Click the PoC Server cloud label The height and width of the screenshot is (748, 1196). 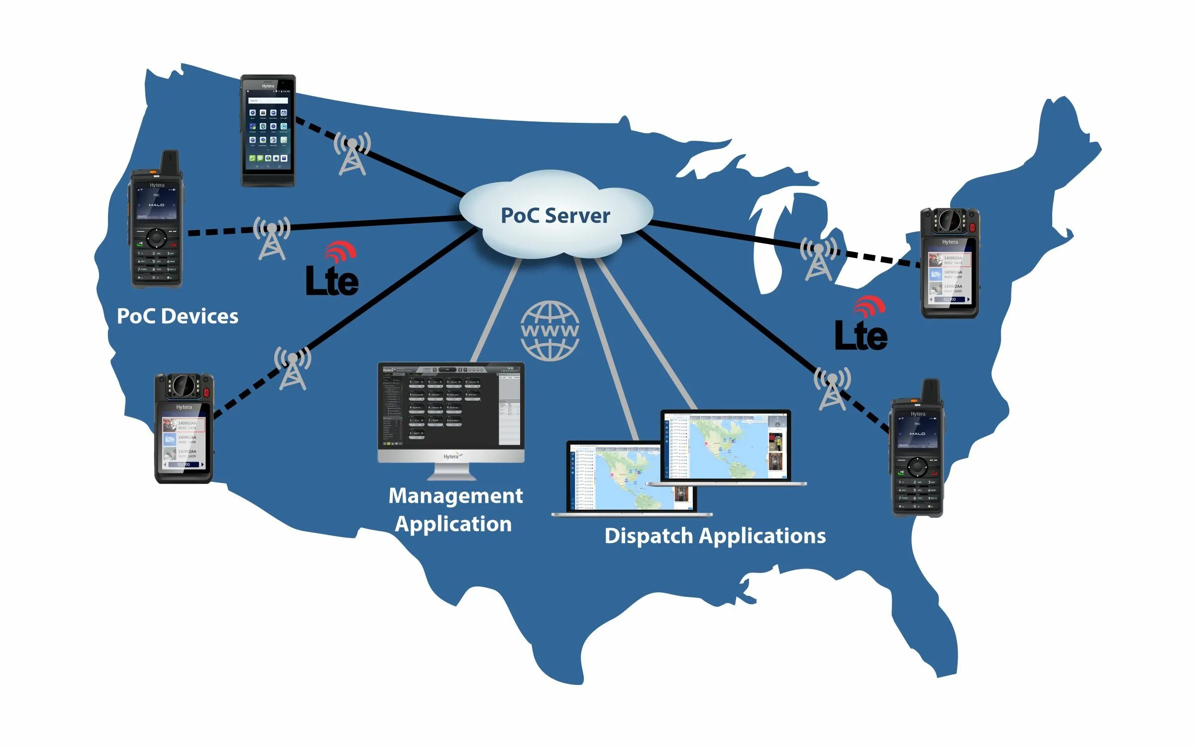[x=555, y=216]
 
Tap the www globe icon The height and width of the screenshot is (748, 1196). [x=549, y=331]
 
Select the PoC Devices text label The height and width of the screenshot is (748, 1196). [x=177, y=316]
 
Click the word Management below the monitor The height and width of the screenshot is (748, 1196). [x=455, y=496]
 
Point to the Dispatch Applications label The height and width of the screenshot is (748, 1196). [x=715, y=536]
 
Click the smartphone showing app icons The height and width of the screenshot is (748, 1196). [x=268, y=130]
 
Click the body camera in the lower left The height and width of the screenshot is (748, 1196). [x=184, y=429]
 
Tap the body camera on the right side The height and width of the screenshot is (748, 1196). [x=950, y=263]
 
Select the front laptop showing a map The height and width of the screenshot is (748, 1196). [x=631, y=477]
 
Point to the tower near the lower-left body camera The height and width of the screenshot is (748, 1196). [x=293, y=369]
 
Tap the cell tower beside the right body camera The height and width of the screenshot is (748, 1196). [x=818, y=259]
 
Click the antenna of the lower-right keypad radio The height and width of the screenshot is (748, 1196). [x=931, y=391]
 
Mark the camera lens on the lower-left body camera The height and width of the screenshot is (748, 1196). [x=183, y=385]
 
